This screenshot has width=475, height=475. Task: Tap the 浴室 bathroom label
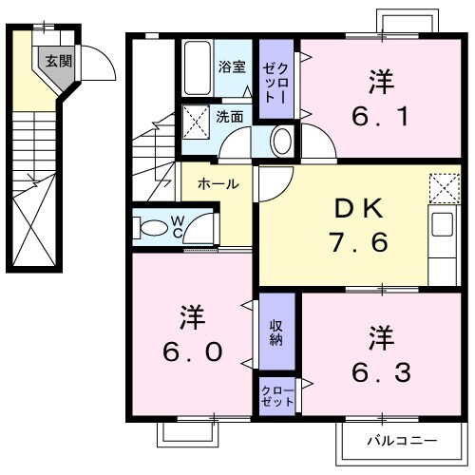(x=232, y=67)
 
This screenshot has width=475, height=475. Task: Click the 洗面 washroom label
(x=229, y=118)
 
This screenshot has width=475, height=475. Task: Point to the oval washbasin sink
(x=282, y=142)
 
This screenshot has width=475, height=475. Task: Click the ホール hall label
(x=218, y=183)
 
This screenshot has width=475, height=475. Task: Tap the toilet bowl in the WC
(x=153, y=228)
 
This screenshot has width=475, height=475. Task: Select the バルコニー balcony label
(x=402, y=442)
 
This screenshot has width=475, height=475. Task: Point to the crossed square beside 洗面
(x=197, y=121)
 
